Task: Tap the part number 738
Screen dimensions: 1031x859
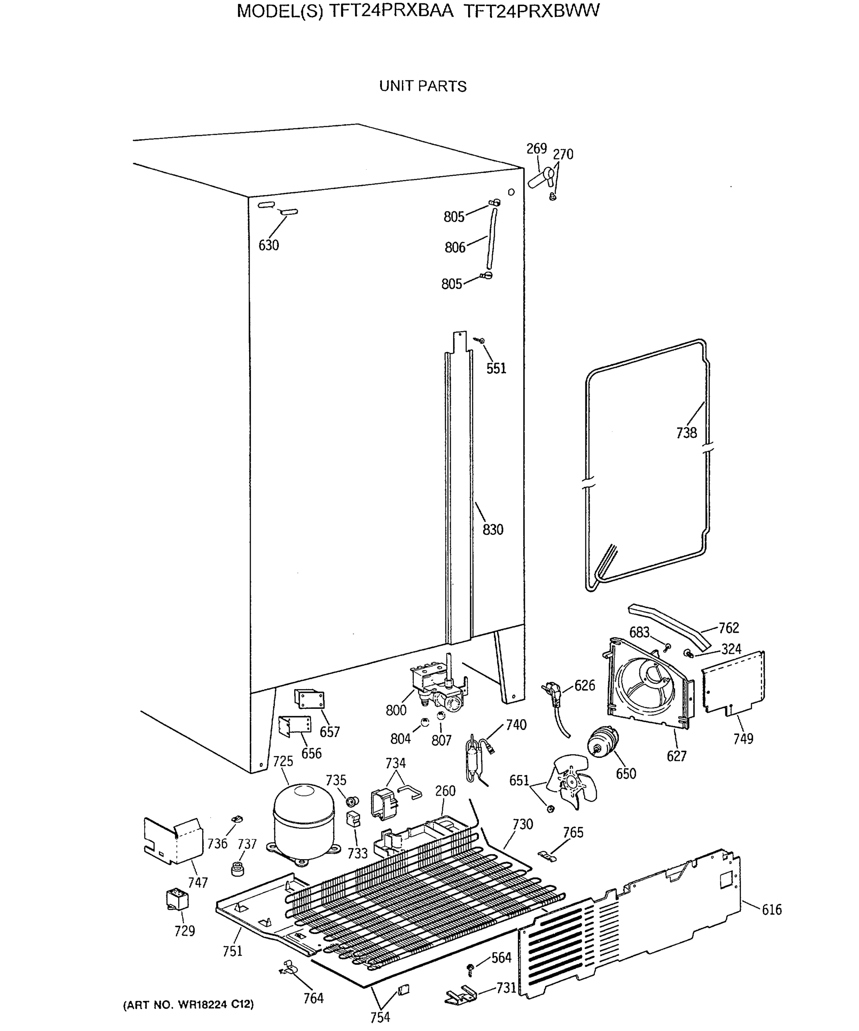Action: (x=686, y=433)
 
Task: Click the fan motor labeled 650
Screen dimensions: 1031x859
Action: (x=603, y=742)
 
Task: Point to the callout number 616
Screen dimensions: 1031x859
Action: (x=772, y=910)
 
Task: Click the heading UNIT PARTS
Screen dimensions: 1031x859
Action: (x=423, y=86)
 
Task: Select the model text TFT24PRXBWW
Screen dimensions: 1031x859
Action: (x=531, y=11)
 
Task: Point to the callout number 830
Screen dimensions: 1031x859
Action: (x=493, y=530)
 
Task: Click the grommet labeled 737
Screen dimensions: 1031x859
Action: (x=238, y=868)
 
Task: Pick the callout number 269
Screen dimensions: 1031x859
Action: (x=536, y=148)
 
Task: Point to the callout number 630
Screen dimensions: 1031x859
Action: (x=268, y=245)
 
